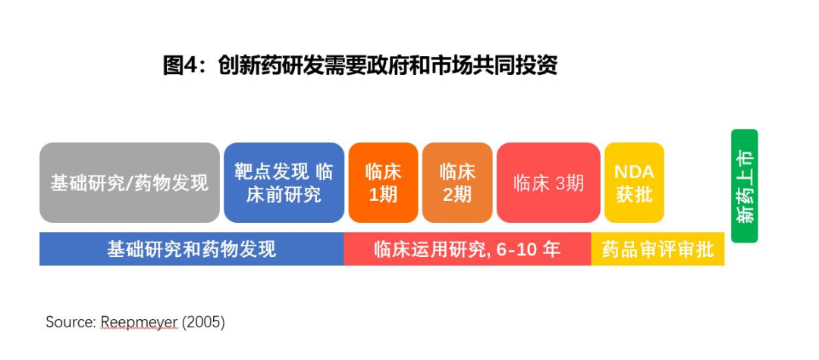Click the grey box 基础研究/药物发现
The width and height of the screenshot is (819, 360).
coord(130,183)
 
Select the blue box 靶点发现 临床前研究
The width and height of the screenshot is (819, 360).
coord(284,183)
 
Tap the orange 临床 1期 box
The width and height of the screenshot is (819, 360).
coord(384,183)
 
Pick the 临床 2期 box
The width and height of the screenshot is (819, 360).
coord(457,183)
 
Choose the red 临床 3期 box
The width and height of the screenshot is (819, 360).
coord(548,183)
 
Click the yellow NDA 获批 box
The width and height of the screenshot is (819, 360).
coord(634,183)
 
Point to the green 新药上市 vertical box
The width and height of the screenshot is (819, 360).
coord(745,186)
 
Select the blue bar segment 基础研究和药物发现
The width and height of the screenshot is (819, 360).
coord(192,249)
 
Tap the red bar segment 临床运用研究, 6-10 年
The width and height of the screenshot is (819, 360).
coord(467,249)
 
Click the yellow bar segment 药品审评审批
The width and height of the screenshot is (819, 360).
coord(657,249)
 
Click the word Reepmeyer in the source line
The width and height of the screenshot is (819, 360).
coord(139,322)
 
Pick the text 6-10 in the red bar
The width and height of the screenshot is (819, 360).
coord(516,249)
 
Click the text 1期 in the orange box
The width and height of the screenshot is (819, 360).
coord(384,195)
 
